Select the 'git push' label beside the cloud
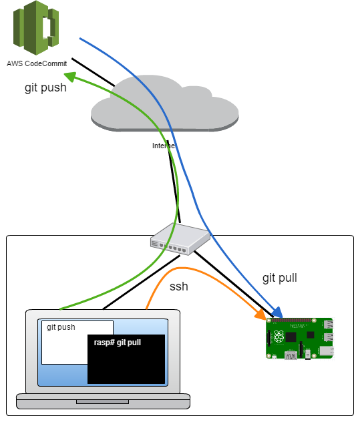(x=45, y=87)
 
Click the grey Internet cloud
(x=164, y=107)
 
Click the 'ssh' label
(x=179, y=286)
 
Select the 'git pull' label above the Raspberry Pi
(x=279, y=278)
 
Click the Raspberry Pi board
(x=300, y=339)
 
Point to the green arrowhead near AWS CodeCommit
(x=78, y=79)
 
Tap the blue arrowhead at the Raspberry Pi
(x=277, y=311)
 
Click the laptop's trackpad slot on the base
(x=103, y=402)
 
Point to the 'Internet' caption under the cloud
(x=163, y=146)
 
